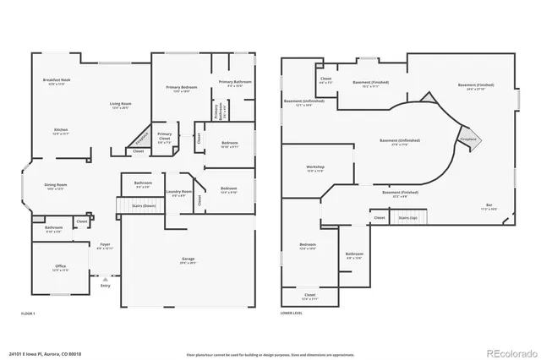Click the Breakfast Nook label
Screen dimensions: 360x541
(56, 80)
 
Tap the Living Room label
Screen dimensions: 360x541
(121, 105)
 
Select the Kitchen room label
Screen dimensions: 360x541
(61, 130)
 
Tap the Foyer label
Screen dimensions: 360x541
(105, 245)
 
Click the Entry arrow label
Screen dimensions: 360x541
(106, 285)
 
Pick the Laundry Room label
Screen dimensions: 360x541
(180, 193)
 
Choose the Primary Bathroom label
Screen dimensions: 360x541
(231, 83)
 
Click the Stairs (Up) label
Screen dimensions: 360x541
(408, 217)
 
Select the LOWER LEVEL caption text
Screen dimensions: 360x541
(292, 314)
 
